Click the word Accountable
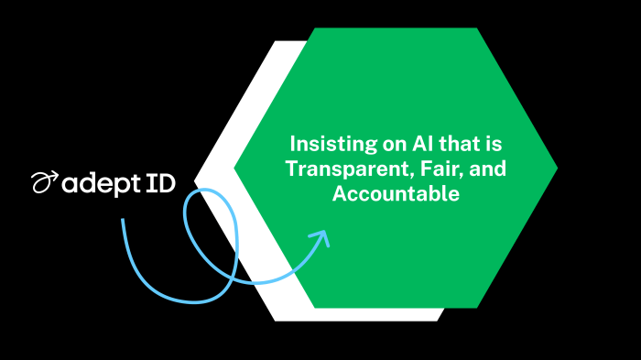pyautogui.click(x=396, y=194)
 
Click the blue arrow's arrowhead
pyautogui.click(x=320, y=237)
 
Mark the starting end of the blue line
pyautogui.click(x=122, y=220)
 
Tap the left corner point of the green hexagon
pyautogui.click(x=235, y=169)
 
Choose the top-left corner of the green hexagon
pyautogui.click(x=314, y=28)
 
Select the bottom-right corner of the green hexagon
pyautogui.click(x=477, y=308)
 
